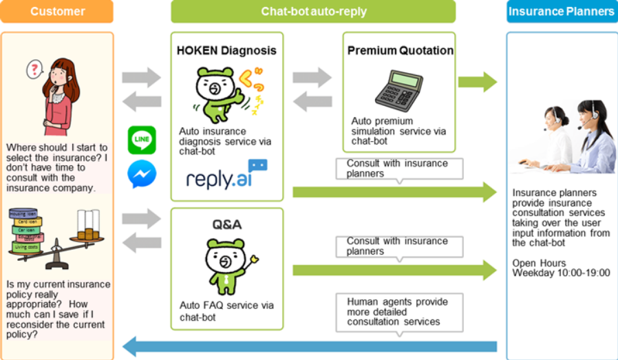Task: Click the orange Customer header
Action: (57, 12)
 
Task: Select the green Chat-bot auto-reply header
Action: (313, 12)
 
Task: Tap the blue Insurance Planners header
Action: (562, 12)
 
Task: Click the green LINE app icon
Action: (142, 140)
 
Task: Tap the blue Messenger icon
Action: (142, 174)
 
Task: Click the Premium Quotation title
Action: (400, 50)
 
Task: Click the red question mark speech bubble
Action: (34, 69)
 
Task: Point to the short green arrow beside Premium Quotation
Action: (477, 82)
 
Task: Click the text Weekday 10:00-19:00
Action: (560, 273)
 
